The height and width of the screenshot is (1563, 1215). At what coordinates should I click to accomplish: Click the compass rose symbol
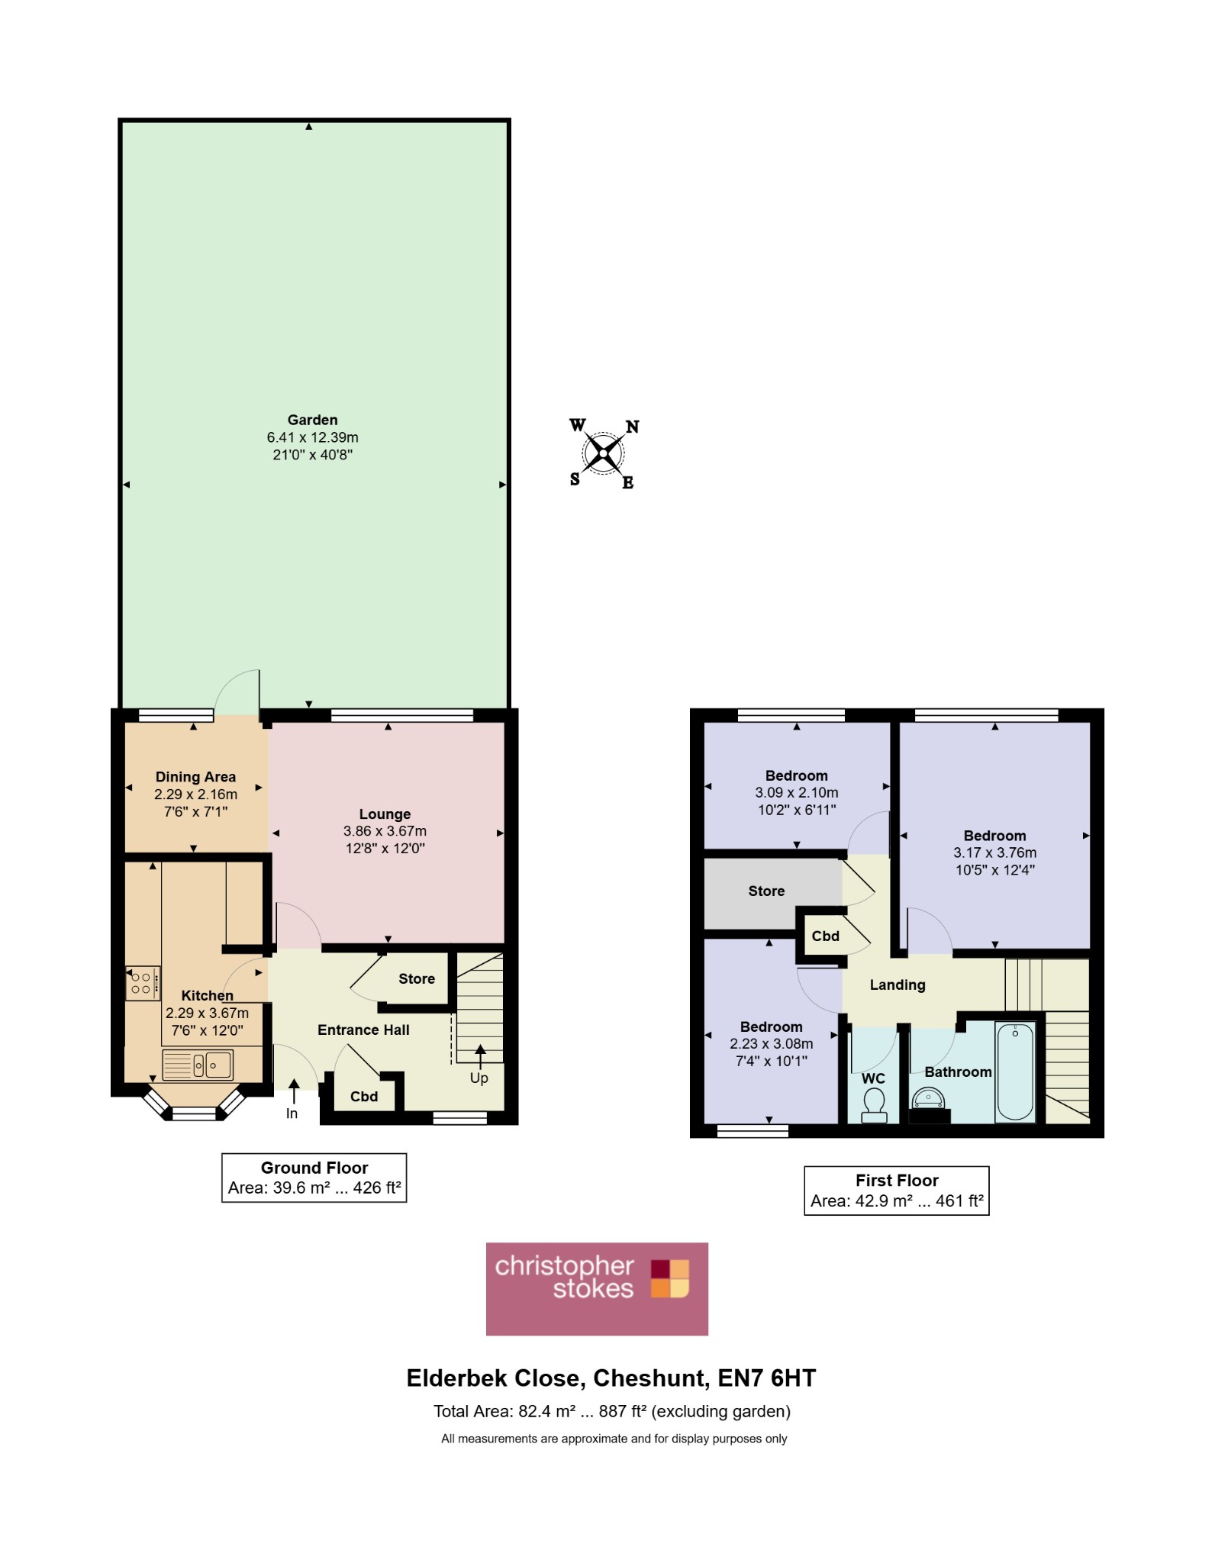(x=604, y=454)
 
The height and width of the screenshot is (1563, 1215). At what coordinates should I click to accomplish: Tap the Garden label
(x=312, y=420)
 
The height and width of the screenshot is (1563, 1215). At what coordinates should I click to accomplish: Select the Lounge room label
(x=385, y=814)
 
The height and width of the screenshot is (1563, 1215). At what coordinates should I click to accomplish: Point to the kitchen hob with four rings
(x=143, y=983)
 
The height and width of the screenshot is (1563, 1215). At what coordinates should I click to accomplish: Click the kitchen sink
(x=198, y=1065)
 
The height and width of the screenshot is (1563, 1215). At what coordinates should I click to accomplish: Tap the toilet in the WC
(x=874, y=1106)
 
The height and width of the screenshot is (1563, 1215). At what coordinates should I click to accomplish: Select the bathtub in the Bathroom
(x=1015, y=1072)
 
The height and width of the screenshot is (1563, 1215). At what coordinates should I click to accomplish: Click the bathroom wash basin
(x=928, y=1100)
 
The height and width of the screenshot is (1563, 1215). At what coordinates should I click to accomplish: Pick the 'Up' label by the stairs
(x=479, y=1078)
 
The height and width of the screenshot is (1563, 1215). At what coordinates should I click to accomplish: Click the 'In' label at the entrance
(x=292, y=1113)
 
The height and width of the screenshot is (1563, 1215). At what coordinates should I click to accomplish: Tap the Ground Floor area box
(x=314, y=1178)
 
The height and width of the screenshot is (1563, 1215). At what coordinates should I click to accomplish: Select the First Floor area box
(x=897, y=1191)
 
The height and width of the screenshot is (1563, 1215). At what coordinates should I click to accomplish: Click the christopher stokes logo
(x=597, y=1289)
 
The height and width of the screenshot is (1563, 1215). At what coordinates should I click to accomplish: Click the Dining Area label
(x=195, y=777)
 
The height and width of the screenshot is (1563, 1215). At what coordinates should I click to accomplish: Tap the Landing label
(x=898, y=985)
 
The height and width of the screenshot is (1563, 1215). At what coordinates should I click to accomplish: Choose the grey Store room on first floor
(x=771, y=893)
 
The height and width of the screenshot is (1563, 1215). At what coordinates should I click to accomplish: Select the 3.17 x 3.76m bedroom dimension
(x=994, y=852)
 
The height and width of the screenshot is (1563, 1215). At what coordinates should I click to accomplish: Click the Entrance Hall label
(x=363, y=1030)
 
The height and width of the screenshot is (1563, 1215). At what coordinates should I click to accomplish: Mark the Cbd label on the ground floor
(x=364, y=1097)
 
